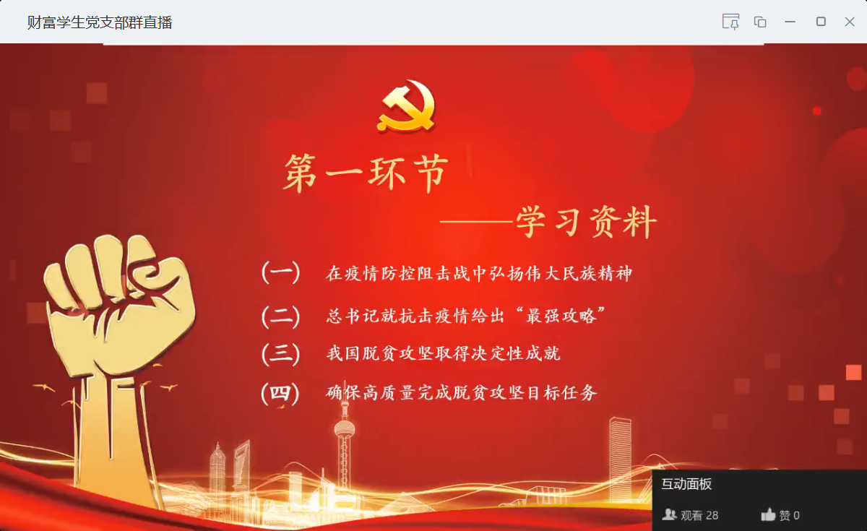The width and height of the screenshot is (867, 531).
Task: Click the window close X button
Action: click(x=850, y=22)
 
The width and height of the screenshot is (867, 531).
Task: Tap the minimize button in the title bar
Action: click(x=790, y=22)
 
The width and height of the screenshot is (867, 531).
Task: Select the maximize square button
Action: click(x=821, y=21)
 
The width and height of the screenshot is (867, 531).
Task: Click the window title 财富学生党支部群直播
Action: click(x=100, y=22)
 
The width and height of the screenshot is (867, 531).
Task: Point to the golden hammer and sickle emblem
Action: click(x=406, y=105)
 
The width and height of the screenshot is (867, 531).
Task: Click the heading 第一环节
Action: click(x=366, y=173)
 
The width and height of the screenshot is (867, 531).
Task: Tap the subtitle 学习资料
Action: click(x=586, y=222)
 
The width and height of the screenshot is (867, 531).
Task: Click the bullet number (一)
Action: click(x=280, y=272)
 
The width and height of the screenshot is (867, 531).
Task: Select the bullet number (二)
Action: click(x=280, y=316)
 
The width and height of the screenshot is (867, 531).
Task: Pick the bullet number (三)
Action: click(x=280, y=354)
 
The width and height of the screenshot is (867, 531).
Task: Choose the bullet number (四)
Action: click(x=280, y=393)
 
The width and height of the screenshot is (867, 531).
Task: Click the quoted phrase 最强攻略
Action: click(x=561, y=316)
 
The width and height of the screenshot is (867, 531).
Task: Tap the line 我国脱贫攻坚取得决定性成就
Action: click(x=443, y=354)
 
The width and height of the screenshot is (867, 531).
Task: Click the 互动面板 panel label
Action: click(x=686, y=484)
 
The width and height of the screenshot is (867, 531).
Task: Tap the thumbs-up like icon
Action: click(x=768, y=514)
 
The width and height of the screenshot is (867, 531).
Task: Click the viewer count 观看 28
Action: click(x=690, y=515)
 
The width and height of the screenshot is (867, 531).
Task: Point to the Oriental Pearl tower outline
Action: click(x=344, y=445)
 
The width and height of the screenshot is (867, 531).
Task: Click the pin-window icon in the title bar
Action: click(x=730, y=22)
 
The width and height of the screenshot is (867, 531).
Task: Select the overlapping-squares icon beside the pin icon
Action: click(x=760, y=22)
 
